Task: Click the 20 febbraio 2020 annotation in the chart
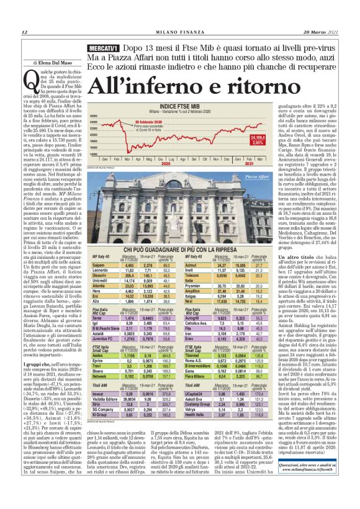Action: (x=147, y=122)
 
